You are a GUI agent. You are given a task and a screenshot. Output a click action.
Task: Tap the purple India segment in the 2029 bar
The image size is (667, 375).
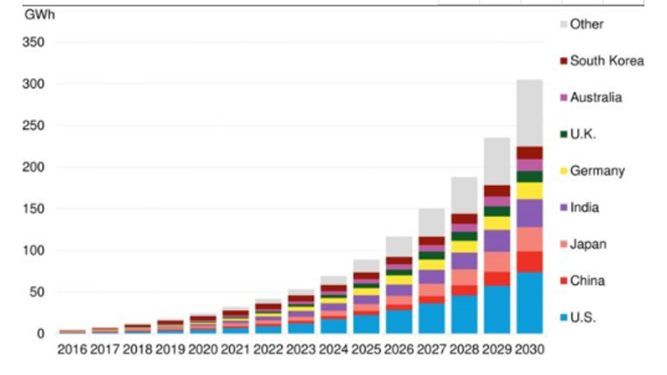[497, 240]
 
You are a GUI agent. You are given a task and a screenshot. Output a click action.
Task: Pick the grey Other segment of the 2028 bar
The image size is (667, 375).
[464, 195]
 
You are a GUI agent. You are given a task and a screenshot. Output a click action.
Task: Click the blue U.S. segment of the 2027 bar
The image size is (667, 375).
[431, 318]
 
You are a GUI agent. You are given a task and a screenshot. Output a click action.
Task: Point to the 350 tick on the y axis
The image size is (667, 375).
[33, 42]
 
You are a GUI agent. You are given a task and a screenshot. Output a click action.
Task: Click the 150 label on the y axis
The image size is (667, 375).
[33, 208]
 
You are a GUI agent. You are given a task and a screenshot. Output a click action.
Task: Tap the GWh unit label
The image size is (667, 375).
[27, 15]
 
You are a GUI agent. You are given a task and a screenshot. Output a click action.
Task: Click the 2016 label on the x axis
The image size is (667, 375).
[73, 350]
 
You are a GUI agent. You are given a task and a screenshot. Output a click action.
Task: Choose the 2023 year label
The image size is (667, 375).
[301, 350]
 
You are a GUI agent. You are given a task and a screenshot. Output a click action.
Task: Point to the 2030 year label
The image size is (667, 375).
[529, 350]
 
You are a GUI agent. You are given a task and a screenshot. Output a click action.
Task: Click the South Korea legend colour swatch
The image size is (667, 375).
[563, 61]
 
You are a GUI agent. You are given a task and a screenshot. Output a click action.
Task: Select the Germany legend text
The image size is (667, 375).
[598, 171]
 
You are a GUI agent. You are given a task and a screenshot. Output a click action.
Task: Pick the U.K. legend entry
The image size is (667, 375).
[587, 134]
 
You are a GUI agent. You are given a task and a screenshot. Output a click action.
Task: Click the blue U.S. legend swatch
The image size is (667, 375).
[563, 318]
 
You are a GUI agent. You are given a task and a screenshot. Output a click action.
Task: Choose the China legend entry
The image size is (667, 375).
[588, 281]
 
